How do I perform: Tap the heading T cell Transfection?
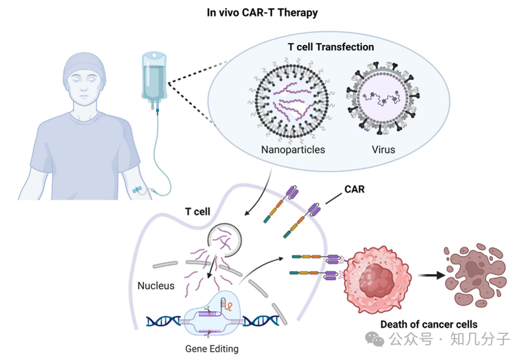tap(330, 46)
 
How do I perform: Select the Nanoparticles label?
tap(292, 149)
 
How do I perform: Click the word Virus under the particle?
tap(383, 149)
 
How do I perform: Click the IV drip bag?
tap(153, 76)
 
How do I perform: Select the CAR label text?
tap(354, 189)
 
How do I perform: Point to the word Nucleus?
tap(155, 285)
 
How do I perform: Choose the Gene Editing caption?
tap(212, 349)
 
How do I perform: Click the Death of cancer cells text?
tap(428, 324)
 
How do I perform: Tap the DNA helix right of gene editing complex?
tap(260, 319)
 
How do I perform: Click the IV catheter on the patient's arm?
tap(141, 191)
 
